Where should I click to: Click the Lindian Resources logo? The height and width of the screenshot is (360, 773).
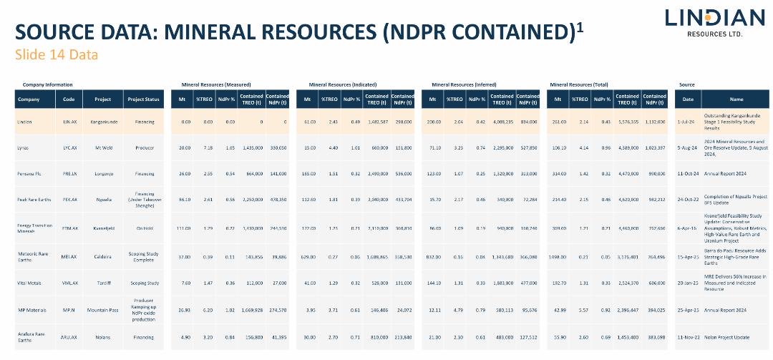(x=705, y=22)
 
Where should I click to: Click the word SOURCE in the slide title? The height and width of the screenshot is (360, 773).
(x=54, y=33)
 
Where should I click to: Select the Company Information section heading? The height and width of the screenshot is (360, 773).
(x=47, y=84)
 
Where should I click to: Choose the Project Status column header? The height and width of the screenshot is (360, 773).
(x=144, y=99)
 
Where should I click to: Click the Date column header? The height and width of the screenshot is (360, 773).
(x=687, y=99)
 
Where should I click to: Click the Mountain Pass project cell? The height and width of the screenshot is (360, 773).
(x=103, y=311)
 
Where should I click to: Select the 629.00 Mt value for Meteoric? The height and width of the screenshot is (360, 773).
(x=308, y=255)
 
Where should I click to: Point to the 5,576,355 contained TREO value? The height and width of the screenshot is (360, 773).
(x=627, y=122)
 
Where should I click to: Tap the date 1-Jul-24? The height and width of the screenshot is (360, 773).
(x=687, y=122)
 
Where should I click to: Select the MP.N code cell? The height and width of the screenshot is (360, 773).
(x=69, y=311)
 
